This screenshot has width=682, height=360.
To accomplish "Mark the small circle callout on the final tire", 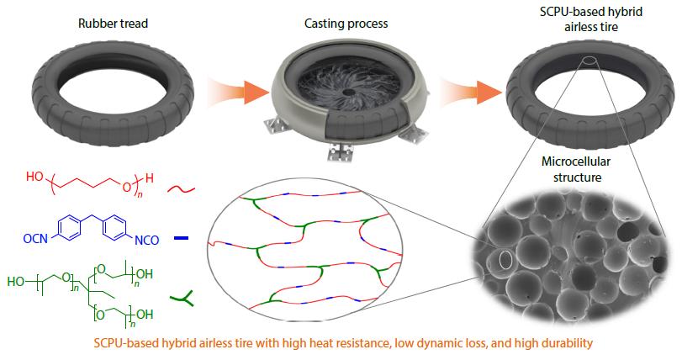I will [x=589, y=63].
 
